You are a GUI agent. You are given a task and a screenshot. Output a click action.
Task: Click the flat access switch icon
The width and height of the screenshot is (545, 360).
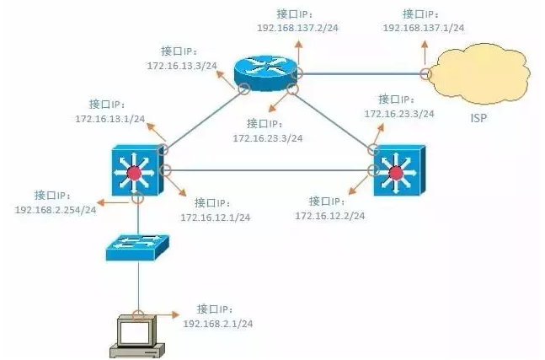click(136, 245)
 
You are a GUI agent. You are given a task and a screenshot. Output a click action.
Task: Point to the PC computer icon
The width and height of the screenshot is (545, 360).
click(136, 335)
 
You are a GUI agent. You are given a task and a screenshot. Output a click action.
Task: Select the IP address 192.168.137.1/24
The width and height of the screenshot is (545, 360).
click(424, 28)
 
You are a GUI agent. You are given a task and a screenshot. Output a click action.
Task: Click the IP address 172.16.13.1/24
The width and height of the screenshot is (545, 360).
click(109, 118)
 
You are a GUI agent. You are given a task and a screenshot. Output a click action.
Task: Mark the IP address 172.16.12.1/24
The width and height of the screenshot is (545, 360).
click(215, 217)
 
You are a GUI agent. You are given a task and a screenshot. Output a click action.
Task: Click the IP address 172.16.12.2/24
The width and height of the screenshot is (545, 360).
click(329, 216)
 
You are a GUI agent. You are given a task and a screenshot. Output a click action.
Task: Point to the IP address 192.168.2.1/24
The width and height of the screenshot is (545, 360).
click(218, 323)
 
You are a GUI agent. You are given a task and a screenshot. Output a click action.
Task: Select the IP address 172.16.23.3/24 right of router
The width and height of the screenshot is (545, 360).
click(399, 113)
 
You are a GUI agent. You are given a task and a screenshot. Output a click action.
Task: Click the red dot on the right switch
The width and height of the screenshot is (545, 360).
click(396, 174)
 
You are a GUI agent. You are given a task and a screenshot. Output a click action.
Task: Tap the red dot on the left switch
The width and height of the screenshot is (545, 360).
click(132, 174)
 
